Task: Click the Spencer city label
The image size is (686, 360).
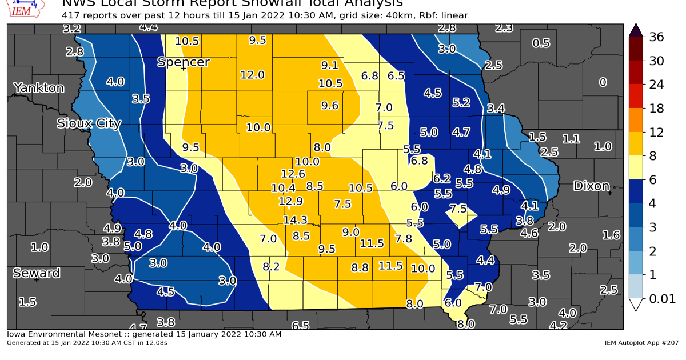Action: point(184,62)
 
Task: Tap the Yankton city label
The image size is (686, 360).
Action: point(39,88)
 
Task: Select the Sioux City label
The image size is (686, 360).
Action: point(89,123)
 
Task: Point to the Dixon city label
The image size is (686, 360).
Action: point(591,186)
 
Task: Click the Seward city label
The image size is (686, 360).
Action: point(36,273)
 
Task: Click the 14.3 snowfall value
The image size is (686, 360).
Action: point(295,220)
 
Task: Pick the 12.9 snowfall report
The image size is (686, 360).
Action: point(290,201)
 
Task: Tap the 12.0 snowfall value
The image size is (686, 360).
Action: point(252,75)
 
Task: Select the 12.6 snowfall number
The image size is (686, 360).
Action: point(293,174)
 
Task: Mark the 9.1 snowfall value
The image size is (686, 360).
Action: point(330,65)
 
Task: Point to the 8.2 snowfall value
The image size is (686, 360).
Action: point(271,266)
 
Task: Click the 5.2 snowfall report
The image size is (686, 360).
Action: point(461,102)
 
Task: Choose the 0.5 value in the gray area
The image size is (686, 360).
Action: point(541,43)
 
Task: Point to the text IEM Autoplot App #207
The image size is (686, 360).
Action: point(641,343)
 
